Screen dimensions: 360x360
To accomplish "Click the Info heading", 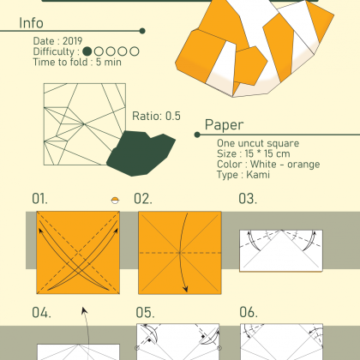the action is (31, 23).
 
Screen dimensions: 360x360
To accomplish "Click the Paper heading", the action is (225, 125).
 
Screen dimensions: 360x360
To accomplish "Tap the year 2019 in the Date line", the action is (73, 41).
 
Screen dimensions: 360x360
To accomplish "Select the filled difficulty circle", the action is (87, 51).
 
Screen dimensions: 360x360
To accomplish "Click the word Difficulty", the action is (54, 51).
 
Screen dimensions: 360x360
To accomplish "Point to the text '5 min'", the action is (109, 62).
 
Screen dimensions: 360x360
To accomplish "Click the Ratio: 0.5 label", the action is (156, 116).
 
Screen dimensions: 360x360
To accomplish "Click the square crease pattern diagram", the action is (85, 124).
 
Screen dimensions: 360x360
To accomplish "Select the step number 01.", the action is (39, 199).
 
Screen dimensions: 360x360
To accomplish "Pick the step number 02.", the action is (143, 199).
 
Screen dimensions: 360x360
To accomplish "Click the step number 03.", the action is (248, 199).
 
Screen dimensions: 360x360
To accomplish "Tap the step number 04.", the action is (41, 313).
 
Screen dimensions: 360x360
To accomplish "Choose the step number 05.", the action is (145, 313).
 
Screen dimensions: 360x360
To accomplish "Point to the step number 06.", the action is (249, 313).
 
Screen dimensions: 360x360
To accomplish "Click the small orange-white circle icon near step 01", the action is (115, 201).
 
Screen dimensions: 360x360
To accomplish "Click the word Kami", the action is (258, 175).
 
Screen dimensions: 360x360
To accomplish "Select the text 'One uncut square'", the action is (258, 143).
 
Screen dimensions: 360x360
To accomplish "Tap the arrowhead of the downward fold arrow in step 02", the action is (186, 289).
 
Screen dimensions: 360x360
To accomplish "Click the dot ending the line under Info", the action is (142, 31).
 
